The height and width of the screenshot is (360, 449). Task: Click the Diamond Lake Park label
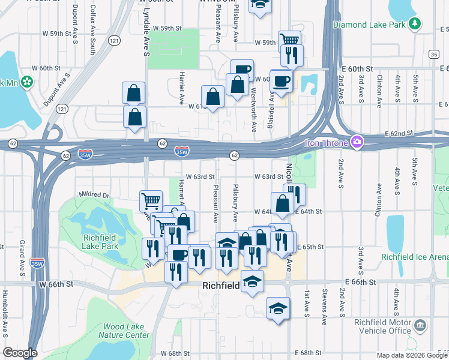coord(369,25)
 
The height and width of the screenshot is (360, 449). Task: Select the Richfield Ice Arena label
coord(414,257)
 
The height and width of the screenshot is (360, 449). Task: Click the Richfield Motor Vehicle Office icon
coord(420,326)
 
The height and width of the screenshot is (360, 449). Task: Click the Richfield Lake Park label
coord(100,241)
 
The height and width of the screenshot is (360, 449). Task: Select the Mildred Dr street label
coord(94,195)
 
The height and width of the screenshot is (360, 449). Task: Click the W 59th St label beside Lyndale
coord(167,28)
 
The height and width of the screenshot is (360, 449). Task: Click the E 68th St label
coord(310,353)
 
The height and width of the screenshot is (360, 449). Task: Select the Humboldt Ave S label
coord(5,320)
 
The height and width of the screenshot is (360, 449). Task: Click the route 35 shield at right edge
coord(433,55)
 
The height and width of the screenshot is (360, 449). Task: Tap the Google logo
coord(20,353)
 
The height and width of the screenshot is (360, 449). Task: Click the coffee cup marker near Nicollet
coord(281,80)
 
